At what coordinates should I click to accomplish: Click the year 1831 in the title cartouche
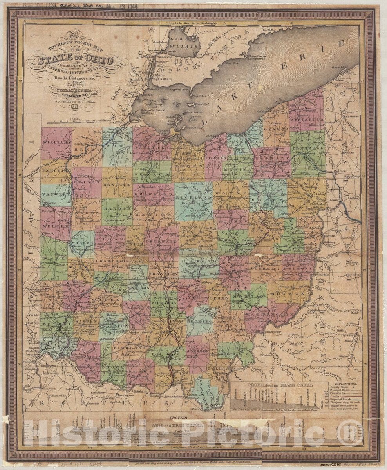(x=74, y=106)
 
